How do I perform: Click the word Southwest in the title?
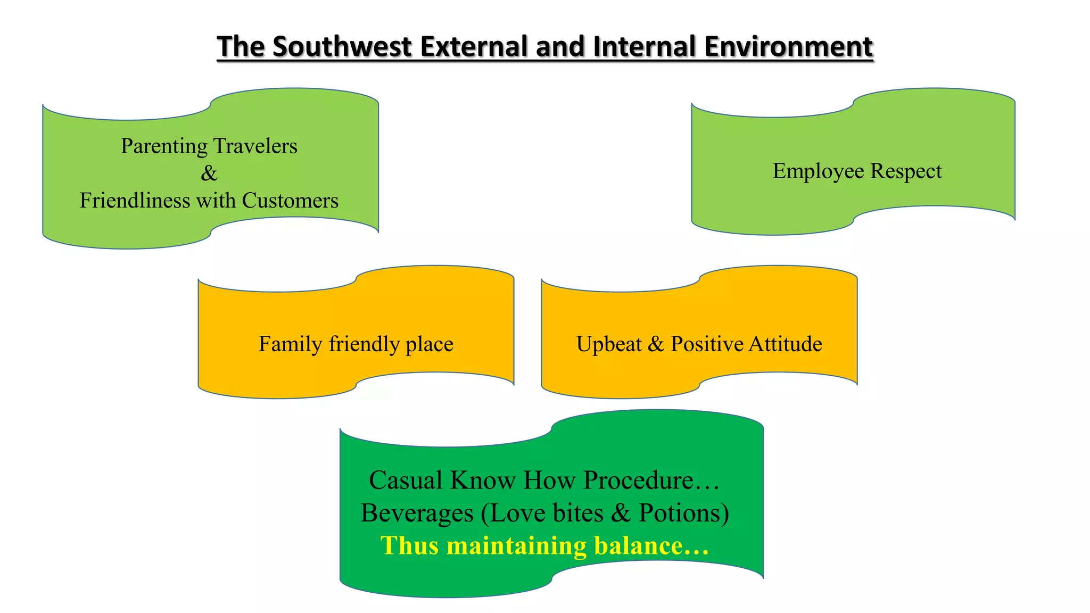point(342,46)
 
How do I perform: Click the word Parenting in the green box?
point(164,146)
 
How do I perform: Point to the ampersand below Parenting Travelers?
point(209,173)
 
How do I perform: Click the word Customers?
point(290,201)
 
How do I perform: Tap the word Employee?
point(818,171)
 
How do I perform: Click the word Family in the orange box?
point(290,344)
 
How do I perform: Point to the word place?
point(429,344)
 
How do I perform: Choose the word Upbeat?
point(609,344)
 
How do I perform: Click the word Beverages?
point(417,513)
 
